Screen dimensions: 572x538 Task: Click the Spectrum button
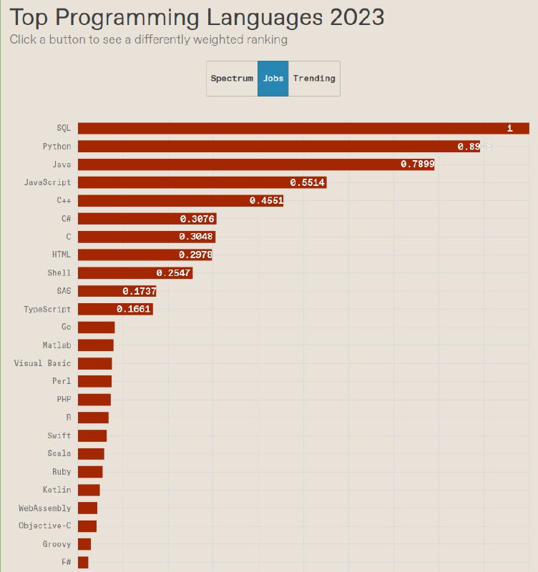pyautogui.click(x=232, y=79)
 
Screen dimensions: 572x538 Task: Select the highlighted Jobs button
pyautogui.click(x=273, y=79)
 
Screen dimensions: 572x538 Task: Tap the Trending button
pyautogui.click(x=314, y=79)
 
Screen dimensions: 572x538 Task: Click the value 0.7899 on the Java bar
pyautogui.click(x=417, y=164)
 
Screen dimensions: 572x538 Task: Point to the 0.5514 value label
pyautogui.click(x=308, y=182)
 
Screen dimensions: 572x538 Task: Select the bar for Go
pyautogui.click(x=96, y=327)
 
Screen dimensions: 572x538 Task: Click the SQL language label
pyautogui.click(x=64, y=128)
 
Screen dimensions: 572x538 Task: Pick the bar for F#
pyautogui.click(x=83, y=562)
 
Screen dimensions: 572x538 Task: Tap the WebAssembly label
pyautogui.click(x=45, y=508)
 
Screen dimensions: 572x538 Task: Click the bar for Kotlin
pyautogui.click(x=89, y=490)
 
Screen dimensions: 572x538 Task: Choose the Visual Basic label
pyautogui.click(x=42, y=363)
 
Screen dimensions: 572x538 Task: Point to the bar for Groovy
pyautogui.click(x=84, y=544)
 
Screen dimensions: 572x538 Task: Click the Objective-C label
pyautogui.click(x=45, y=526)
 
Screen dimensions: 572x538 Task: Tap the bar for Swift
pyautogui.click(x=92, y=435)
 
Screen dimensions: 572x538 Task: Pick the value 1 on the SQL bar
pyautogui.click(x=510, y=129)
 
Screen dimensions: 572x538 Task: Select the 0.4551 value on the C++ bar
pyautogui.click(x=267, y=201)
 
